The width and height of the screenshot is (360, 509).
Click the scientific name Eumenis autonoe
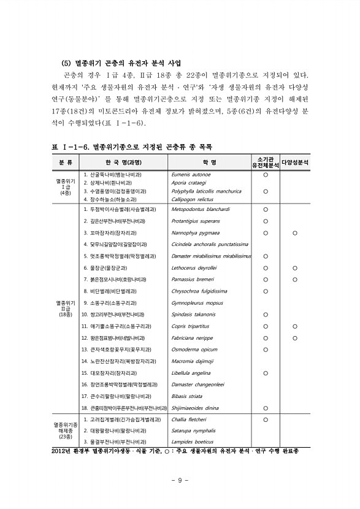(x=192, y=175)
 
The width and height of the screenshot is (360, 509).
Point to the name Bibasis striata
(x=188, y=396)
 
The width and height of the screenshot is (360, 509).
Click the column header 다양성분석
(x=295, y=163)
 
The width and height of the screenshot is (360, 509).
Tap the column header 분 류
(x=66, y=163)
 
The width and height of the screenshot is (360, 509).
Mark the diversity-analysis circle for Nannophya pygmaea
(x=295, y=233)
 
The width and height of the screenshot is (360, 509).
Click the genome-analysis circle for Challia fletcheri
(x=266, y=420)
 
